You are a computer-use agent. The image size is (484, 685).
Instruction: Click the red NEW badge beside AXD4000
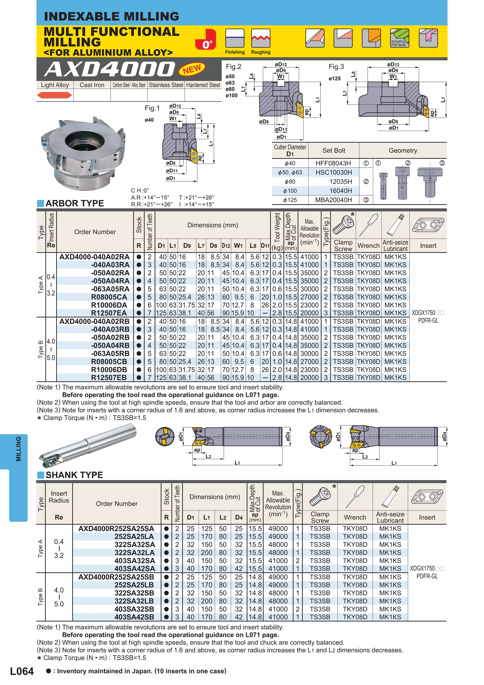(192, 69)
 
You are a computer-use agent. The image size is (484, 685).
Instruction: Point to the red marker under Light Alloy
(55, 95)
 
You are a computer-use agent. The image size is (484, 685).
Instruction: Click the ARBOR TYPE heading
(74, 204)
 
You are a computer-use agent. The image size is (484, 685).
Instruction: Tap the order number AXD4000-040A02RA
(95, 257)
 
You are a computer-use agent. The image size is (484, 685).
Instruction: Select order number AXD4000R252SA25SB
(116, 577)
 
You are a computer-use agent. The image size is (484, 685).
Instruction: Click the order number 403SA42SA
(134, 569)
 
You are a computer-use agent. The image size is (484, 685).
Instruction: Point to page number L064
(22, 671)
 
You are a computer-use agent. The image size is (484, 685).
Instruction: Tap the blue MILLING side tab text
(18, 449)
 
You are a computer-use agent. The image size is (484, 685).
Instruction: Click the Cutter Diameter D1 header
(290, 150)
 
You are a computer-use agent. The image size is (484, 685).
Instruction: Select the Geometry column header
(403, 151)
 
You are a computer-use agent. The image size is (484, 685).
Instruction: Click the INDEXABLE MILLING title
(112, 16)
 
